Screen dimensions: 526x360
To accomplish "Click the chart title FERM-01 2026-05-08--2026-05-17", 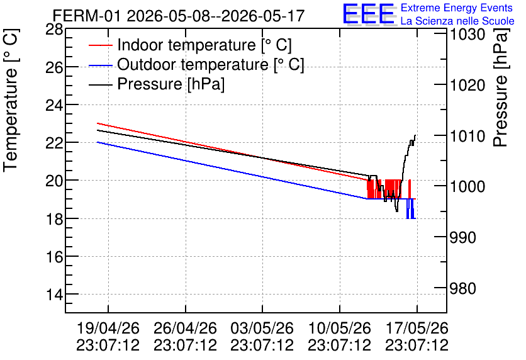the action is point(179,16).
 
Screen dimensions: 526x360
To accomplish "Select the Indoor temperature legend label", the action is point(204,45).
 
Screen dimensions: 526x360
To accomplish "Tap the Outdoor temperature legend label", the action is point(211,64).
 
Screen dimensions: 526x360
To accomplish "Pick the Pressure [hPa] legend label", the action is point(171,84).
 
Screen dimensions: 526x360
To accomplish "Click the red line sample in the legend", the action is point(100,45).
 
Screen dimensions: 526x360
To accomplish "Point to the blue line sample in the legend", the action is point(100,65).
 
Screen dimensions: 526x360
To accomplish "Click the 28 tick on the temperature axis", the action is point(54,30).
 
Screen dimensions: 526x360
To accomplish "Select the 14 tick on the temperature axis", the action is point(54,295).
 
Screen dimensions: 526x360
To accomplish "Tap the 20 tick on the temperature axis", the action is point(54,181).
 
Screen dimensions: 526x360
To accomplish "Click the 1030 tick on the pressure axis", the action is point(467,35).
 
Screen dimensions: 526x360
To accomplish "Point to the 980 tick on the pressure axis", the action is point(462,288).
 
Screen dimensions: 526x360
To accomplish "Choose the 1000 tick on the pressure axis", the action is point(467,186).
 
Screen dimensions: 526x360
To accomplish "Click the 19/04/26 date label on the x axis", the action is point(108,328).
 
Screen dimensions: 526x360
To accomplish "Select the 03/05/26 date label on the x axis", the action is point(262,328).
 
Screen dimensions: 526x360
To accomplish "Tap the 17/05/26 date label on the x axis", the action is point(417,328).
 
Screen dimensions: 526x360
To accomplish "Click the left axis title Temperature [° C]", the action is point(11,101).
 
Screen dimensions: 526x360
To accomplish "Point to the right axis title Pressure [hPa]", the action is point(501,87).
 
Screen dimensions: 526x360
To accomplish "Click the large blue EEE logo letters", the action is point(368,13).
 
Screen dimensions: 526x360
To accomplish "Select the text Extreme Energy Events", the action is point(457,8).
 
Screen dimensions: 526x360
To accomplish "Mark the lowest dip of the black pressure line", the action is point(397,211).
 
